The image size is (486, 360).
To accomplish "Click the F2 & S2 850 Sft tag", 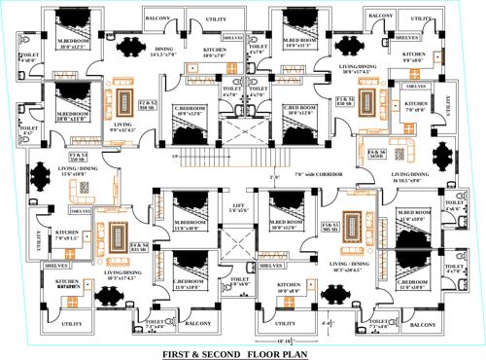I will coord(148,104).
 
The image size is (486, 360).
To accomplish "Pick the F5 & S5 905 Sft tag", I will coord(330,228).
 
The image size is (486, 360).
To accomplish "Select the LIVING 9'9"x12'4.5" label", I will coord(122,127).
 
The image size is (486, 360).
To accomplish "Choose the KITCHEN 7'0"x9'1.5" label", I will coord(67,236).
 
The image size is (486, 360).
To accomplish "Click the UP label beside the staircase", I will coord(174,157).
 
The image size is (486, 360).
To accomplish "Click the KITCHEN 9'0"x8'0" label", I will coord(413,57).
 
